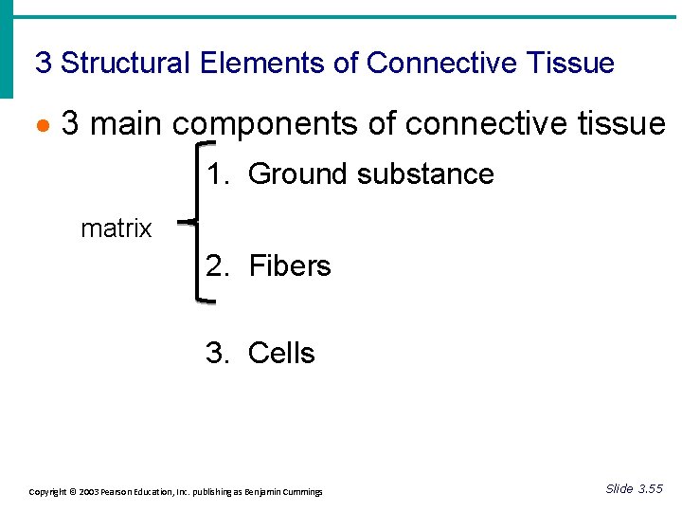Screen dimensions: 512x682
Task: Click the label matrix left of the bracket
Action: (117, 229)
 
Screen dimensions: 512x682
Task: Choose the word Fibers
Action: (290, 266)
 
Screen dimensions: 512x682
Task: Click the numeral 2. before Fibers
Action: (219, 266)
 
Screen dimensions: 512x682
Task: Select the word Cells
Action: (281, 354)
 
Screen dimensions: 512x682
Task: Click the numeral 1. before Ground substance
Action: (219, 174)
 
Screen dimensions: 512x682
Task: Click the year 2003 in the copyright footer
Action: (87, 492)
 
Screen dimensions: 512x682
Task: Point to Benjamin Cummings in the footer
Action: (283, 492)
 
